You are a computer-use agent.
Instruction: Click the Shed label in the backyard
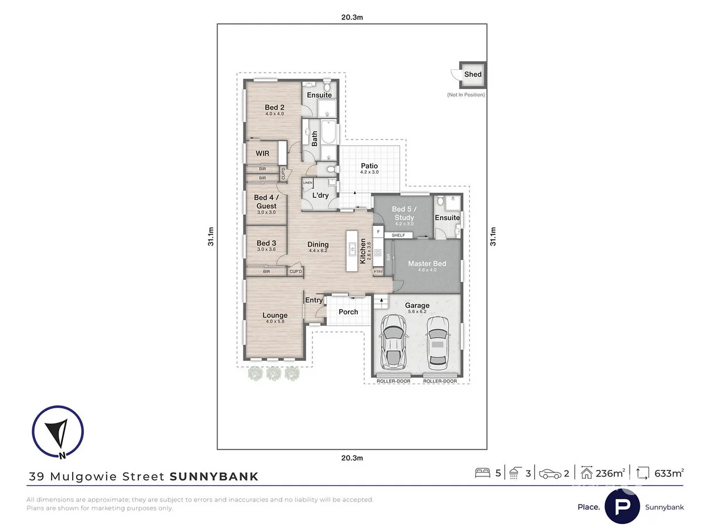472,75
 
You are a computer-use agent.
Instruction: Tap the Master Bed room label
427,264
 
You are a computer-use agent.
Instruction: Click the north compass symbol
57,433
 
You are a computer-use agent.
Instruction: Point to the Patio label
369,166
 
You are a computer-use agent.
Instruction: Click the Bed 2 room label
274,107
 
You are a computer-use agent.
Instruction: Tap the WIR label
262,153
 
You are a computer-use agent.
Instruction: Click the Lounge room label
275,316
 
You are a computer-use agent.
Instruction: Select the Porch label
348,312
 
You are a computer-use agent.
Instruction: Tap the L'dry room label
320,195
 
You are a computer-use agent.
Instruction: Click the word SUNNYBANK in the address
214,476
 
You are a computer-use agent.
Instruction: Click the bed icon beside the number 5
482,473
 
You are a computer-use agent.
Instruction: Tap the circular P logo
622,506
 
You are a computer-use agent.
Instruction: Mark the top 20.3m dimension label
352,17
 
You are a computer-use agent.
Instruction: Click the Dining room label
318,245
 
